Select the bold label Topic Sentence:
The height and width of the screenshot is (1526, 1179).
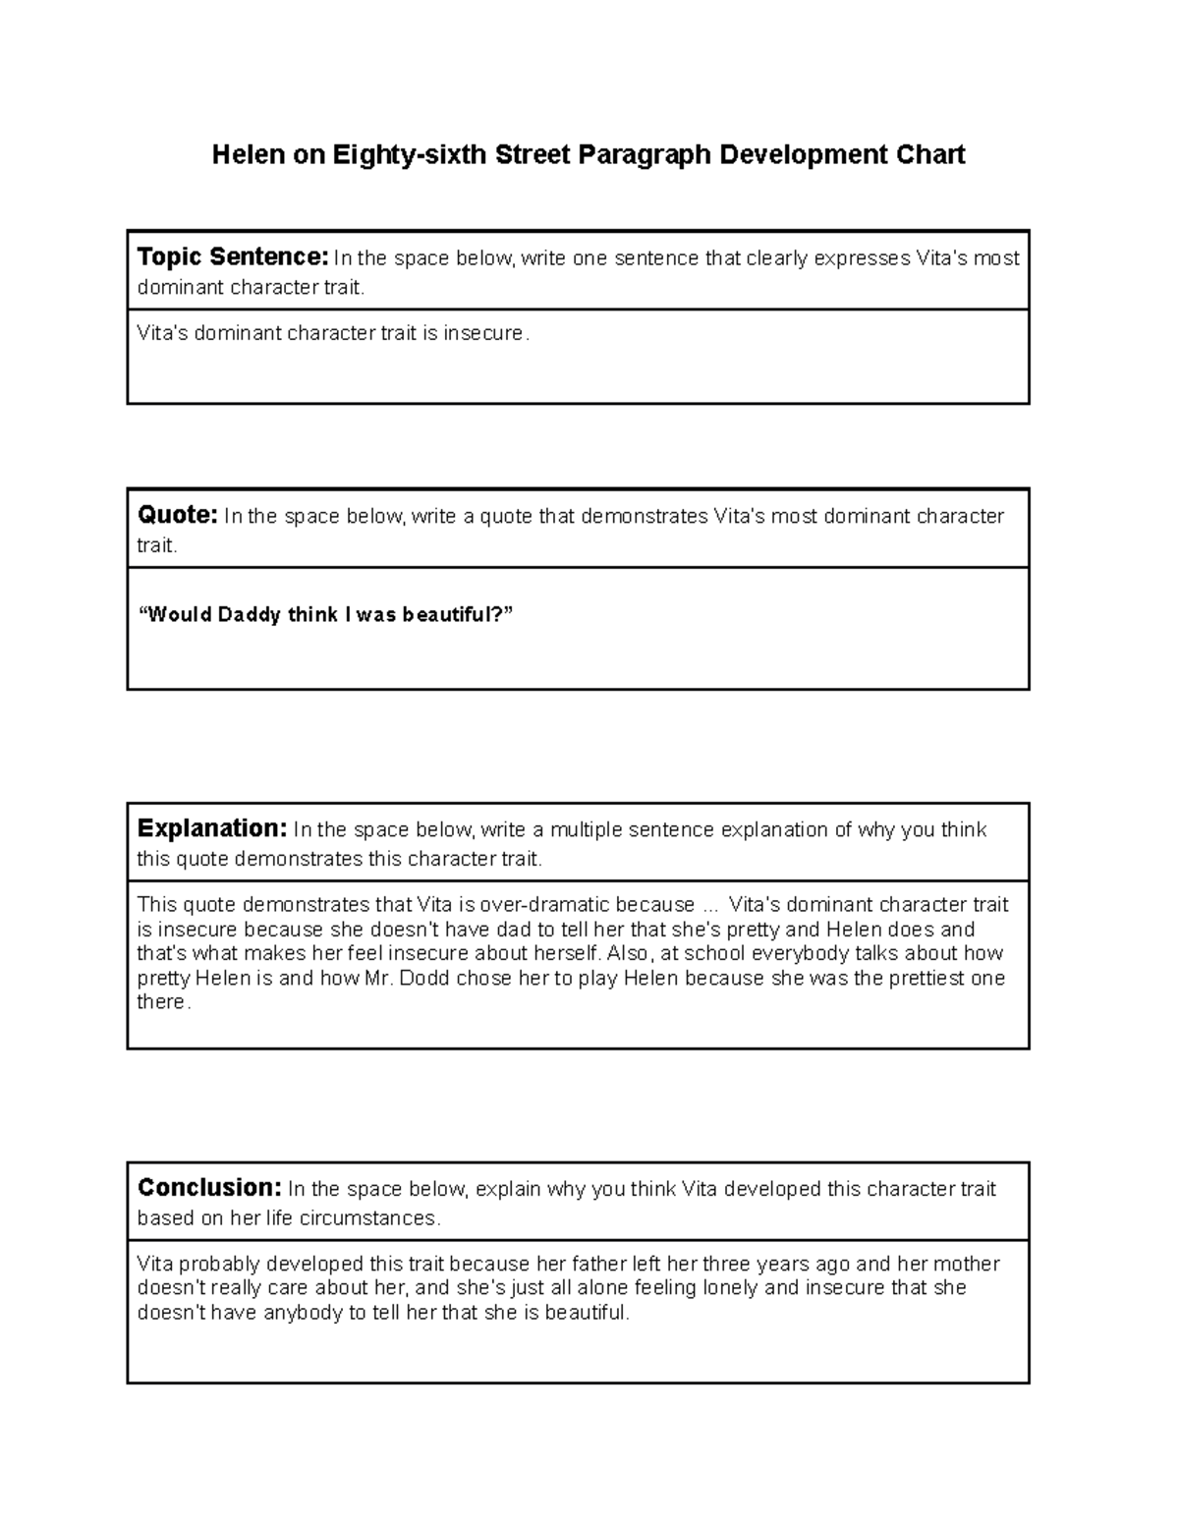[233, 257]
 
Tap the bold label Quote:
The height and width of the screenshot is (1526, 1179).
[177, 515]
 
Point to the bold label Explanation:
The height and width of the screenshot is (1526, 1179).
[211, 828]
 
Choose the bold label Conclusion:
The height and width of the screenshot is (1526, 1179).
[209, 1187]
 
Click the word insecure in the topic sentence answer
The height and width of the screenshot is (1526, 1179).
[484, 333]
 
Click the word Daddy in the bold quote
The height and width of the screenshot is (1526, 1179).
[250, 615]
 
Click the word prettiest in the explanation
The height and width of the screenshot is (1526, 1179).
[921, 978]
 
